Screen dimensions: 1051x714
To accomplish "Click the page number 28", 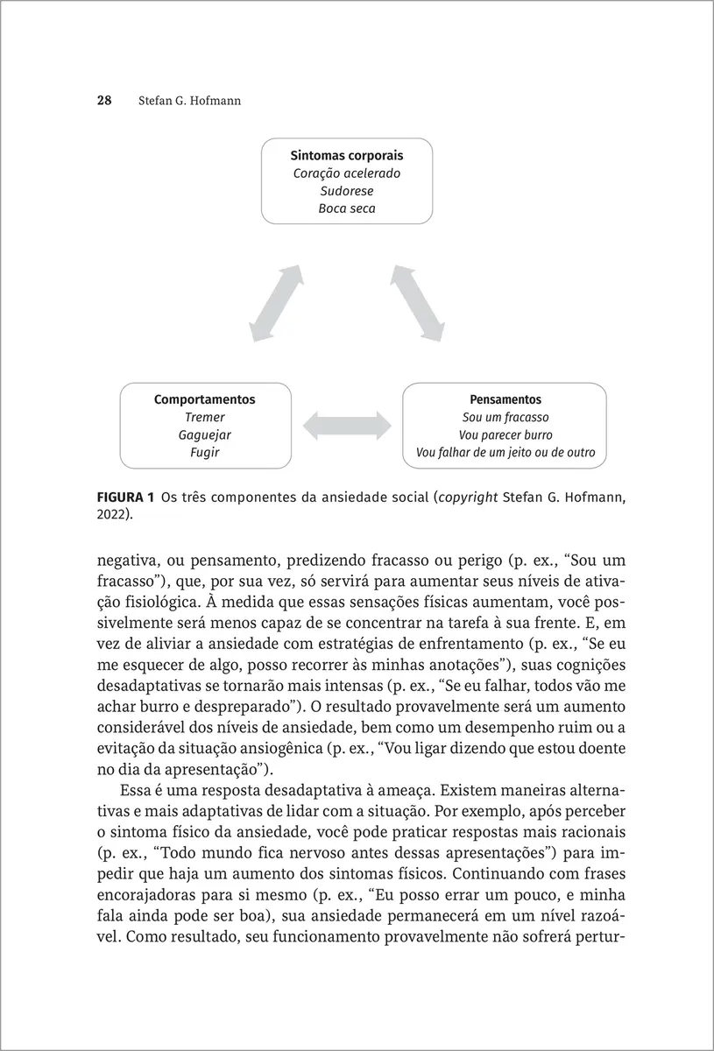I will [x=103, y=101].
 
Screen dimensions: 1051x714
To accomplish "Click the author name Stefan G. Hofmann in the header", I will [x=189, y=101].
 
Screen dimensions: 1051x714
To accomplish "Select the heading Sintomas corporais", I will [x=347, y=155].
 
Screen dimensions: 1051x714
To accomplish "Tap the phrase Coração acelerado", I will [x=347, y=173].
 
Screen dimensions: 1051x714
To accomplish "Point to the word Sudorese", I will [x=347, y=191].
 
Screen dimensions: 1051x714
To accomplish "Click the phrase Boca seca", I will [x=347, y=209].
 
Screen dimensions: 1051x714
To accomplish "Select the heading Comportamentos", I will [x=205, y=399].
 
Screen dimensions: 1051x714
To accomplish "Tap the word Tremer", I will [x=205, y=418].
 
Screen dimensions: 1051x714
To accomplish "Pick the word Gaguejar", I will [x=205, y=435].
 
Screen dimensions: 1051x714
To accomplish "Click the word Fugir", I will [x=205, y=453].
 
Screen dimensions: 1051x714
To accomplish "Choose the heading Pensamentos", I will [x=505, y=399].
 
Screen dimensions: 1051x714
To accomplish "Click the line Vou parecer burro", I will [x=505, y=435].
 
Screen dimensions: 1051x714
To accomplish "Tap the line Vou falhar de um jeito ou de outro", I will [x=505, y=453].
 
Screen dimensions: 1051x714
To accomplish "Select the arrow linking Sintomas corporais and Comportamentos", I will [x=277, y=303].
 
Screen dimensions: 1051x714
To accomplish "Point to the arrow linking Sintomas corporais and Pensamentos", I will [x=418, y=303].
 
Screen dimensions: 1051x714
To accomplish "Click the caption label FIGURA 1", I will [x=125, y=497].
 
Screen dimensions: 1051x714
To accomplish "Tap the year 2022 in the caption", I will [x=111, y=515].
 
